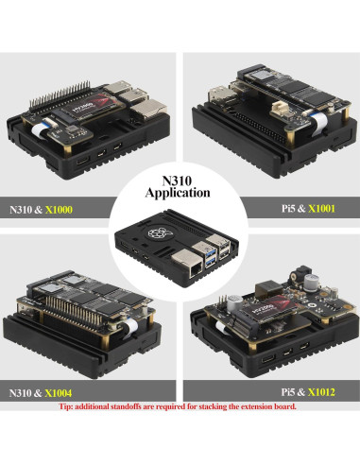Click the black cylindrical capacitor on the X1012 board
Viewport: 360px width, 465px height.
305,281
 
